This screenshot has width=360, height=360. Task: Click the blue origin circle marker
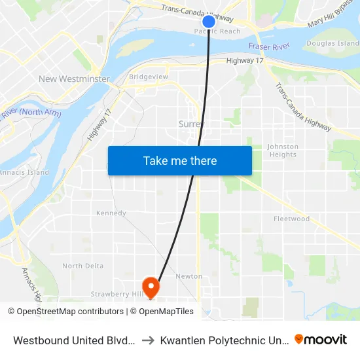[209, 22]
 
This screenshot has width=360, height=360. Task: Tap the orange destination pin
[151, 286]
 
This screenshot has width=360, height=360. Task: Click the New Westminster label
[65, 79]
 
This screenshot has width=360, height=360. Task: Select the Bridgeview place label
[149, 77]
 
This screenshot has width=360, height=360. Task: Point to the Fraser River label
[269, 46]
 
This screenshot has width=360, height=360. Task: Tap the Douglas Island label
[332, 43]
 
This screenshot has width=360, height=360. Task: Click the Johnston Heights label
[283, 151]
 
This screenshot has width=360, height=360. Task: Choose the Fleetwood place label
[291, 219]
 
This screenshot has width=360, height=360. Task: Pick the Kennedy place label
[111, 213]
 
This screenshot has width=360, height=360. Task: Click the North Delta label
[82, 266]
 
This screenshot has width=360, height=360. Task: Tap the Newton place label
[189, 276]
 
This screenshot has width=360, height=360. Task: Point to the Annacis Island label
[24, 172]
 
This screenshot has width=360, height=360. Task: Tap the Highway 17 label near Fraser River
[244, 61]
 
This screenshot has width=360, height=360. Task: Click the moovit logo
[321, 339]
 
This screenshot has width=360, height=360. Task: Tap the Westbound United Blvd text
[74, 340]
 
